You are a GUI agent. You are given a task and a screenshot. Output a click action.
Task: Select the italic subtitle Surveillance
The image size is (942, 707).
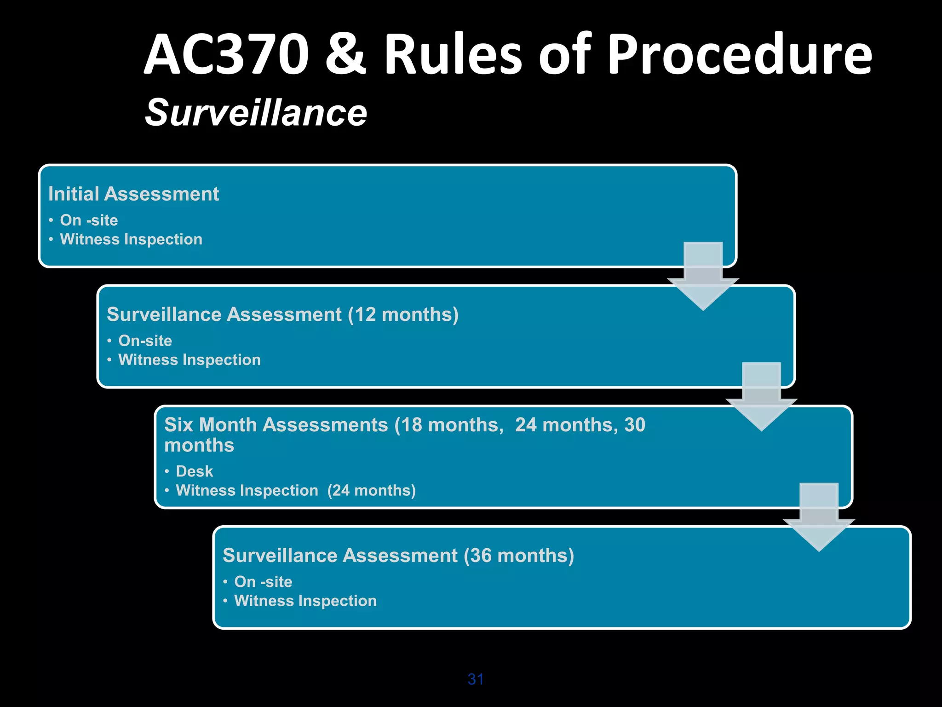pos(256,113)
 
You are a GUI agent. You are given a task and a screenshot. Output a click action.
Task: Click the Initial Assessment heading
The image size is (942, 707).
pos(133,194)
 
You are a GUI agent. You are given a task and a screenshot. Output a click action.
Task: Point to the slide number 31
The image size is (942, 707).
pos(476,679)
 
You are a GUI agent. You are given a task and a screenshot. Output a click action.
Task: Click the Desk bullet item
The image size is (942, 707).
pos(194,471)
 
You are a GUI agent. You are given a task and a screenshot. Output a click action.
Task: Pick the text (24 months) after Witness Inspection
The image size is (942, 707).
pos(371,491)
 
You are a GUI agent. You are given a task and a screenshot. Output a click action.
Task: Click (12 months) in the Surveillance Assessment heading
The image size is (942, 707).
pos(403,315)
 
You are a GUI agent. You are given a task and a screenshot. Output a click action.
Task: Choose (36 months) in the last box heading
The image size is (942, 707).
pos(519,556)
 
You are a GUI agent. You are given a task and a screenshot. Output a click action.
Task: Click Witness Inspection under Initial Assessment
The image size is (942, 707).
pos(131,239)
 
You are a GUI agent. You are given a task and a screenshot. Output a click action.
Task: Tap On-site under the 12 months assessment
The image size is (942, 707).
pos(145,341)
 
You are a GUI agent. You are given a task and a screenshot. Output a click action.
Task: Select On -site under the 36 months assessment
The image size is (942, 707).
pos(263,582)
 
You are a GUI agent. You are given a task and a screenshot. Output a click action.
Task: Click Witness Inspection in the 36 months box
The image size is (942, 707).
pos(305,601)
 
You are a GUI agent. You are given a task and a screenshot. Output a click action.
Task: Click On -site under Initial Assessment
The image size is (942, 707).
pos(89,220)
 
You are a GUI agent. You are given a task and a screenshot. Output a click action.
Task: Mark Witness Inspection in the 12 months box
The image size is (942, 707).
pos(190,360)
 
